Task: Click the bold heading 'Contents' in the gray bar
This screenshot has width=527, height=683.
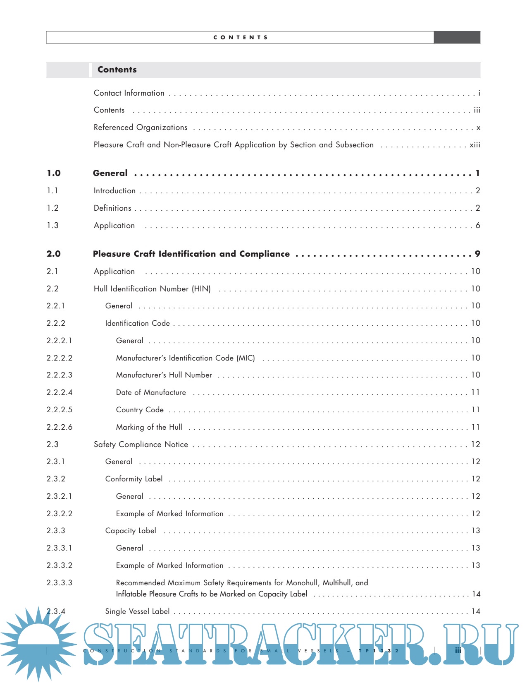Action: [117, 70]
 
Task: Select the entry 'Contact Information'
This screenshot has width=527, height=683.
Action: [129, 93]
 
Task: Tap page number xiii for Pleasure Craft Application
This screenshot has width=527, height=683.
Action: [475, 145]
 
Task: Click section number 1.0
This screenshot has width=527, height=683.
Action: [54, 173]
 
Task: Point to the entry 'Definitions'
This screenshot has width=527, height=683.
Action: [112, 208]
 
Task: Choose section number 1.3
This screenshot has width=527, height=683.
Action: [52, 226]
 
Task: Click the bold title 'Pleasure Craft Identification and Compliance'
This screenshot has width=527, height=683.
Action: [191, 254]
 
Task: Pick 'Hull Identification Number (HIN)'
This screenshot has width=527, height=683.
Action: [152, 289]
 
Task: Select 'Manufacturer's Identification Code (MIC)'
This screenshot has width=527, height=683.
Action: [185, 358]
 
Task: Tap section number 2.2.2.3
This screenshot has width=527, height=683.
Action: [59, 375]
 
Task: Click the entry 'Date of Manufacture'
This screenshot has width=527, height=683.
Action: [151, 392]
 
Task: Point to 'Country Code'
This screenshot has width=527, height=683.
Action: [140, 410]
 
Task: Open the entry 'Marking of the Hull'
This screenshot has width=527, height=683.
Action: [149, 427]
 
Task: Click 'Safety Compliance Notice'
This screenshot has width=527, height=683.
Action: [141, 445]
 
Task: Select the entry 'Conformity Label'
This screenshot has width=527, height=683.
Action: [134, 479]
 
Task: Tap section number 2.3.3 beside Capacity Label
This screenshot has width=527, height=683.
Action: [56, 531]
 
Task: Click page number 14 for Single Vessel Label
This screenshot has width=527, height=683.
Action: [476, 611]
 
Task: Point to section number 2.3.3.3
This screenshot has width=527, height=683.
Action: [59, 583]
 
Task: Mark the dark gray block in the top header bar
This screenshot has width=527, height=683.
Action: [457, 37]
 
